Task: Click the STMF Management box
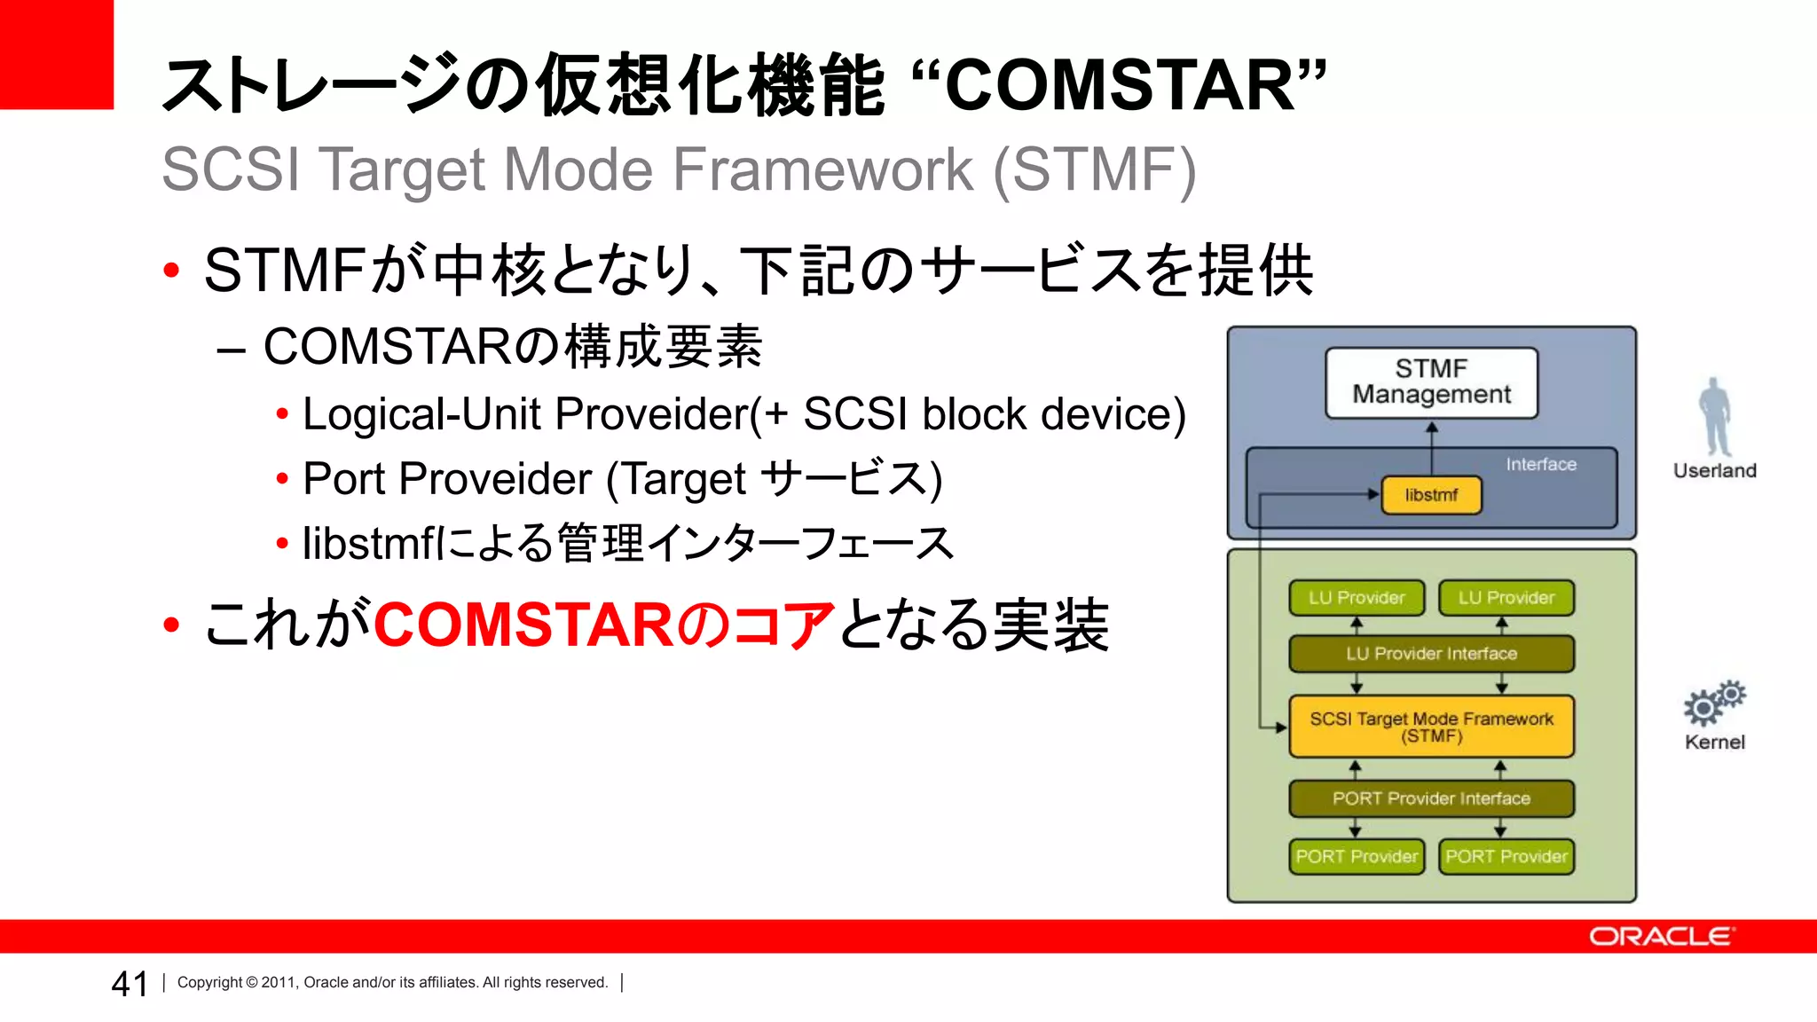[1431, 382]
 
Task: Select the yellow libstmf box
[1431, 495]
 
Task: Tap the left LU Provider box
[1357, 598]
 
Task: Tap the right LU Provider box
[1506, 598]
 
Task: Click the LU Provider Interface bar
[1431, 654]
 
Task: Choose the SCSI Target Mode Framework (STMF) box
[1431, 727]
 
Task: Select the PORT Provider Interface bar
[1431, 798]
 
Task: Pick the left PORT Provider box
[1357, 857]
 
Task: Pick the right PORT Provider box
[1506, 857]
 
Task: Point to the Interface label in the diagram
[1541, 464]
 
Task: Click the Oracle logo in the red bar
[1661, 937]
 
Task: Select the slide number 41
[130, 984]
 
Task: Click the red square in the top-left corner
[57, 54]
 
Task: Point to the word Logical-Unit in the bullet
[421, 414]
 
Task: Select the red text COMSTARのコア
[604, 625]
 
